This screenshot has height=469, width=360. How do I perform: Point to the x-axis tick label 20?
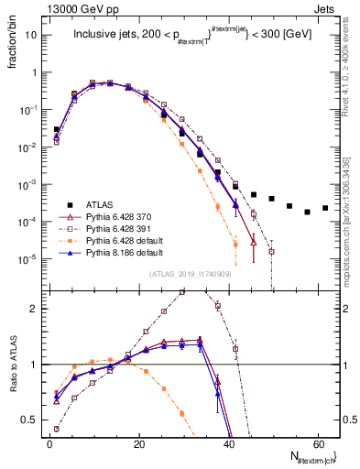[x=138, y=444]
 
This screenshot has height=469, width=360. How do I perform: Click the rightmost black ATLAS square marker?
[x=325, y=208]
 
